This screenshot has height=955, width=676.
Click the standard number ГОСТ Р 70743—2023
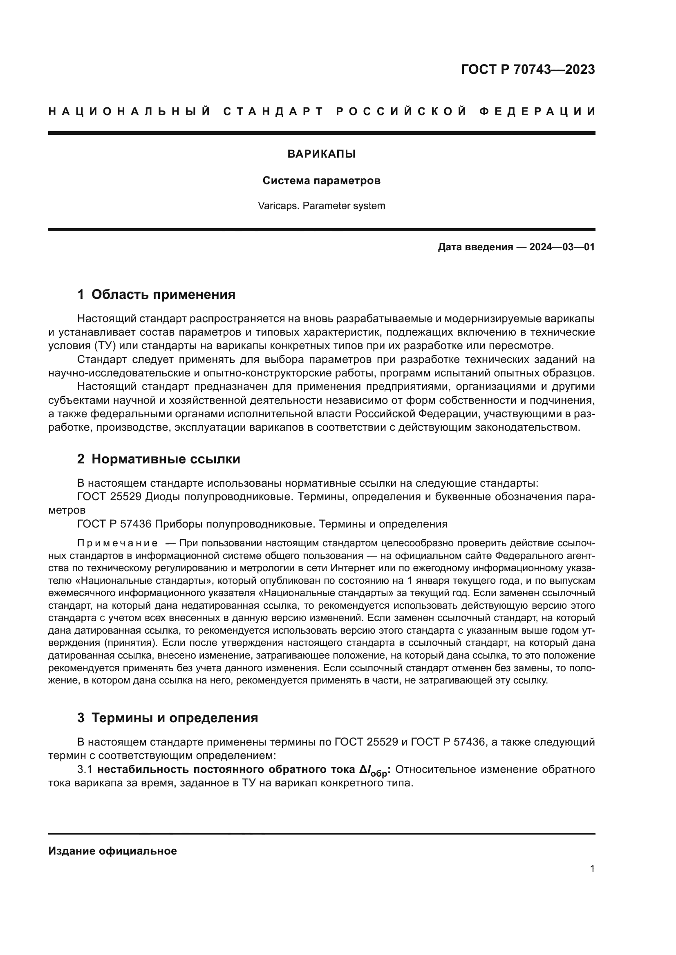527,69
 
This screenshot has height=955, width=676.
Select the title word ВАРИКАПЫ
321,154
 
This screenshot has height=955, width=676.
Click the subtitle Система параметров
321,181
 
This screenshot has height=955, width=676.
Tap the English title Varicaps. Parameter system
321,206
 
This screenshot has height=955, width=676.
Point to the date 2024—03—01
562,247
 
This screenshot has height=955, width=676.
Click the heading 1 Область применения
156,294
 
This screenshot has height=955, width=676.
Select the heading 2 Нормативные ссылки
159,459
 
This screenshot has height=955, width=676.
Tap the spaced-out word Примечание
117,543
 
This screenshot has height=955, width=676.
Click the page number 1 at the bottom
592,868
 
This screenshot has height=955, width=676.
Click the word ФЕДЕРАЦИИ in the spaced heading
538,111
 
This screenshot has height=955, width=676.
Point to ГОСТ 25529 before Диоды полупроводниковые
110,497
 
